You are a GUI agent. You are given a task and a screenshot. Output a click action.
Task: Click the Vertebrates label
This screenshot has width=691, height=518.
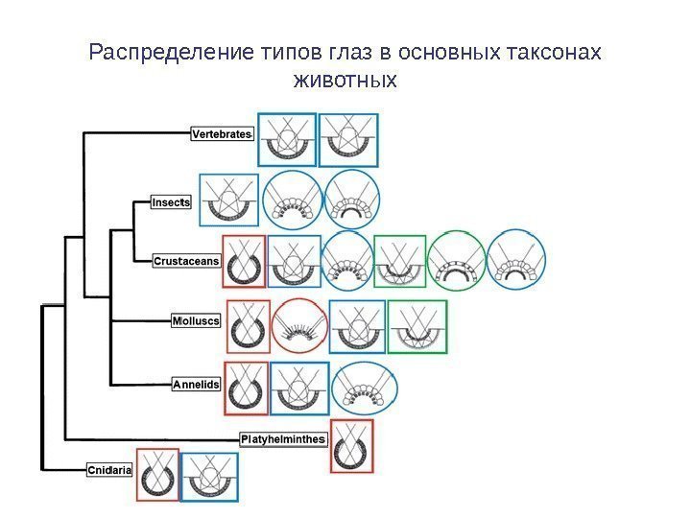pyautogui.click(x=222, y=135)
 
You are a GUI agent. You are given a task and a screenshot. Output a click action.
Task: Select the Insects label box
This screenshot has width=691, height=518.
pyautogui.click(x=172, y=202)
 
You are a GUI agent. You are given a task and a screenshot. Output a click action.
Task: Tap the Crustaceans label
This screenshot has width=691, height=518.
pyautogui.click(x=187, y=260)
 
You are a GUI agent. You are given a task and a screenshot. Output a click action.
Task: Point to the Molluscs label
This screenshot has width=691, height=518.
pyautogui.click(x=196, y=320)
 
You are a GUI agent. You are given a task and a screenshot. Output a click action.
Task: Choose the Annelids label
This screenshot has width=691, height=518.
pyautogui.click(x=196, y=385)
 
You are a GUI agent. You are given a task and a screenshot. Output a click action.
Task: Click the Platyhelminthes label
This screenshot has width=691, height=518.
pyautogui.click(x=283, y=439)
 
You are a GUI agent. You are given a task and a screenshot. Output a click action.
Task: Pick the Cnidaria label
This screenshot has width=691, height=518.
pyautogui.click(x=109, y=470)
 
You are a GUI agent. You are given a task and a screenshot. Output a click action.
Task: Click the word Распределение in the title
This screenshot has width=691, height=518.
pyautogui.click(x=169, y=51)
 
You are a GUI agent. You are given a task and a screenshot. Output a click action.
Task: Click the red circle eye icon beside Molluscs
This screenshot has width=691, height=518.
pyautogui.click(x=299, y=326)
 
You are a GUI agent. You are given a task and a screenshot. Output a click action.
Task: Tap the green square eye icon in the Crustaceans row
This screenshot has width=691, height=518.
pyautogui.click(x=400, y=261)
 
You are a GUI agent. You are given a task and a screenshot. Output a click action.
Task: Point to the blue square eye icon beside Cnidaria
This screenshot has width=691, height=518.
pyautogui.click(x=209, y=475)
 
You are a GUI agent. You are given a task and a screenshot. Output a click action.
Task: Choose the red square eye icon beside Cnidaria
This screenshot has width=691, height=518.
pyautogui.click(x=157, y=475)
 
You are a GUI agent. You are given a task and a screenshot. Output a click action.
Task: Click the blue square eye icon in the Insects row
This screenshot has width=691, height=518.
pyautogui.click(x=227, y=200)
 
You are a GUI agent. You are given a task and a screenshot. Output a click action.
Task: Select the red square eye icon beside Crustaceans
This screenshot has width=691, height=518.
pyautogui.click(x=243, y=261)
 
